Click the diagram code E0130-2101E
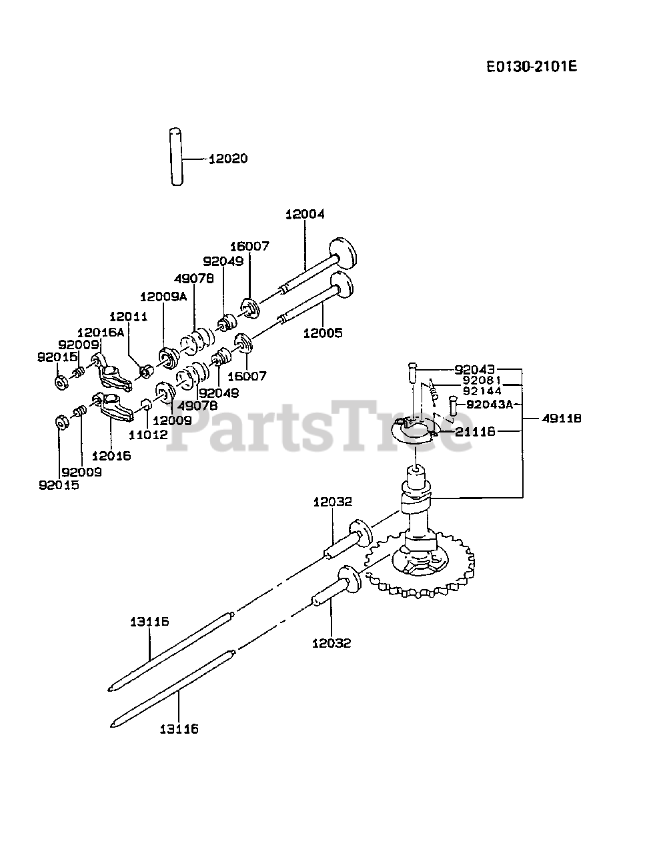[531, 67]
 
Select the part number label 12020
[228, 159]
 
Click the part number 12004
[305, 214]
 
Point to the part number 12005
[323, 332]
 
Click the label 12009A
[163, 297]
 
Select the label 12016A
[100, 332]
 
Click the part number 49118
[562, 419]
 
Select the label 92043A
[490, 404]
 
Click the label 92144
[482, 391]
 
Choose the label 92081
[482, 381]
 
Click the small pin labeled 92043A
[453, 405]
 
